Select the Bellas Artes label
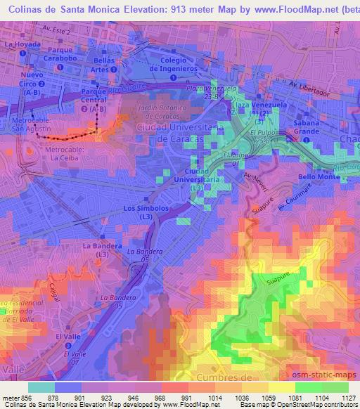[x=103, y=65]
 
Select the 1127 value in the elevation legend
[x=348, y=398]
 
